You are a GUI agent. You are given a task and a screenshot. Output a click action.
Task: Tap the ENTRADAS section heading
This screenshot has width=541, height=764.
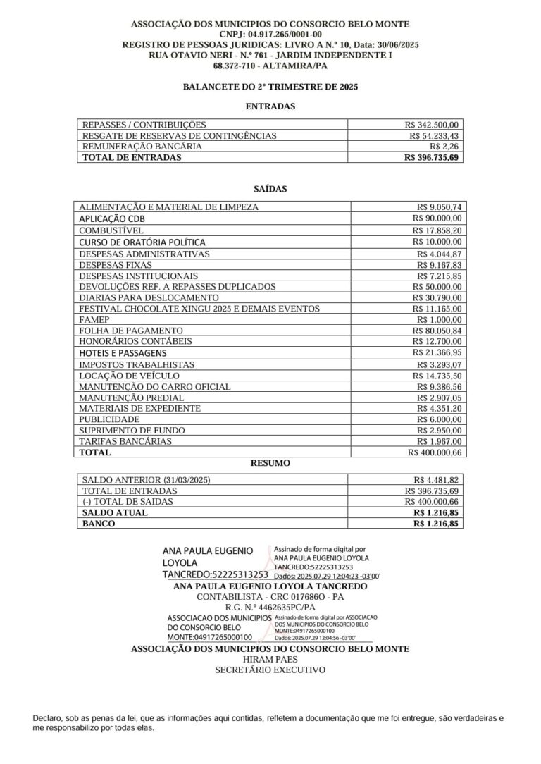(270, 106)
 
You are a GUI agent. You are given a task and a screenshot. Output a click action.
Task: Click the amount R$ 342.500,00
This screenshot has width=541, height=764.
(432, 124)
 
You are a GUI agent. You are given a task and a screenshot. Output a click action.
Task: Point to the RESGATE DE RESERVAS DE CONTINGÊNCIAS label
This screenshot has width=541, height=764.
(180, 135)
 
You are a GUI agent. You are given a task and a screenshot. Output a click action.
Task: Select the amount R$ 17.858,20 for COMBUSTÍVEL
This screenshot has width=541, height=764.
(436, 230)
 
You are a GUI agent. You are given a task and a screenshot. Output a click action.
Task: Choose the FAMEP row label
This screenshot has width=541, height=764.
(93, 320)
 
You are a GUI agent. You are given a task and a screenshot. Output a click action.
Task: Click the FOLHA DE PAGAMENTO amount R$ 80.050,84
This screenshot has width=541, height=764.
(436, 331)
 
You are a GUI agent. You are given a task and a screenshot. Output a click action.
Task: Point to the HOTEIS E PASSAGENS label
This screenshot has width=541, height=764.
(123, 352)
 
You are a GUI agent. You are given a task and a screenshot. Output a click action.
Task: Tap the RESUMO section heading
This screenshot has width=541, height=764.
(270, 464)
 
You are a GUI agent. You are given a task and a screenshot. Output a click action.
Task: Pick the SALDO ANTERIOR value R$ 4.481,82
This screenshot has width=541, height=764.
(436, 480)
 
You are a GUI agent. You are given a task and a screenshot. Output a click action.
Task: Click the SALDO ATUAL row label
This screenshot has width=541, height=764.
(115, 513)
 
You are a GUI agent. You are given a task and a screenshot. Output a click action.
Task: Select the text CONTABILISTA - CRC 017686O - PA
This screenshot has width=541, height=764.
(270, 596)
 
